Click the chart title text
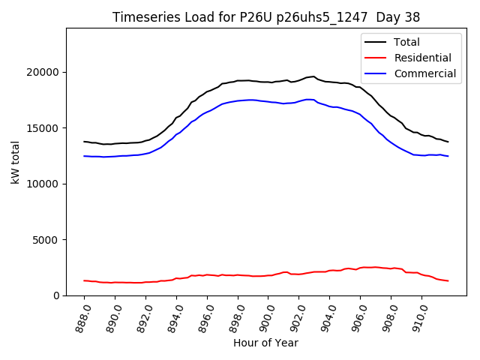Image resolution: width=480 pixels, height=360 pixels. tap(266, 17)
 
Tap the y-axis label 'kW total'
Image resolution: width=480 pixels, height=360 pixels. tap(16, 161)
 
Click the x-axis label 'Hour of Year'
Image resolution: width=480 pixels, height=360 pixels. tap(265, 343)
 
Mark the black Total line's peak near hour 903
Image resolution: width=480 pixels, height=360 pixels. tap(313, 76)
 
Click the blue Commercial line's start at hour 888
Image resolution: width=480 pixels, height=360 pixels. tap(85, 156)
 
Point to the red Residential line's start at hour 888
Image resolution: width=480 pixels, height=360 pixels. tap(85, 280)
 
